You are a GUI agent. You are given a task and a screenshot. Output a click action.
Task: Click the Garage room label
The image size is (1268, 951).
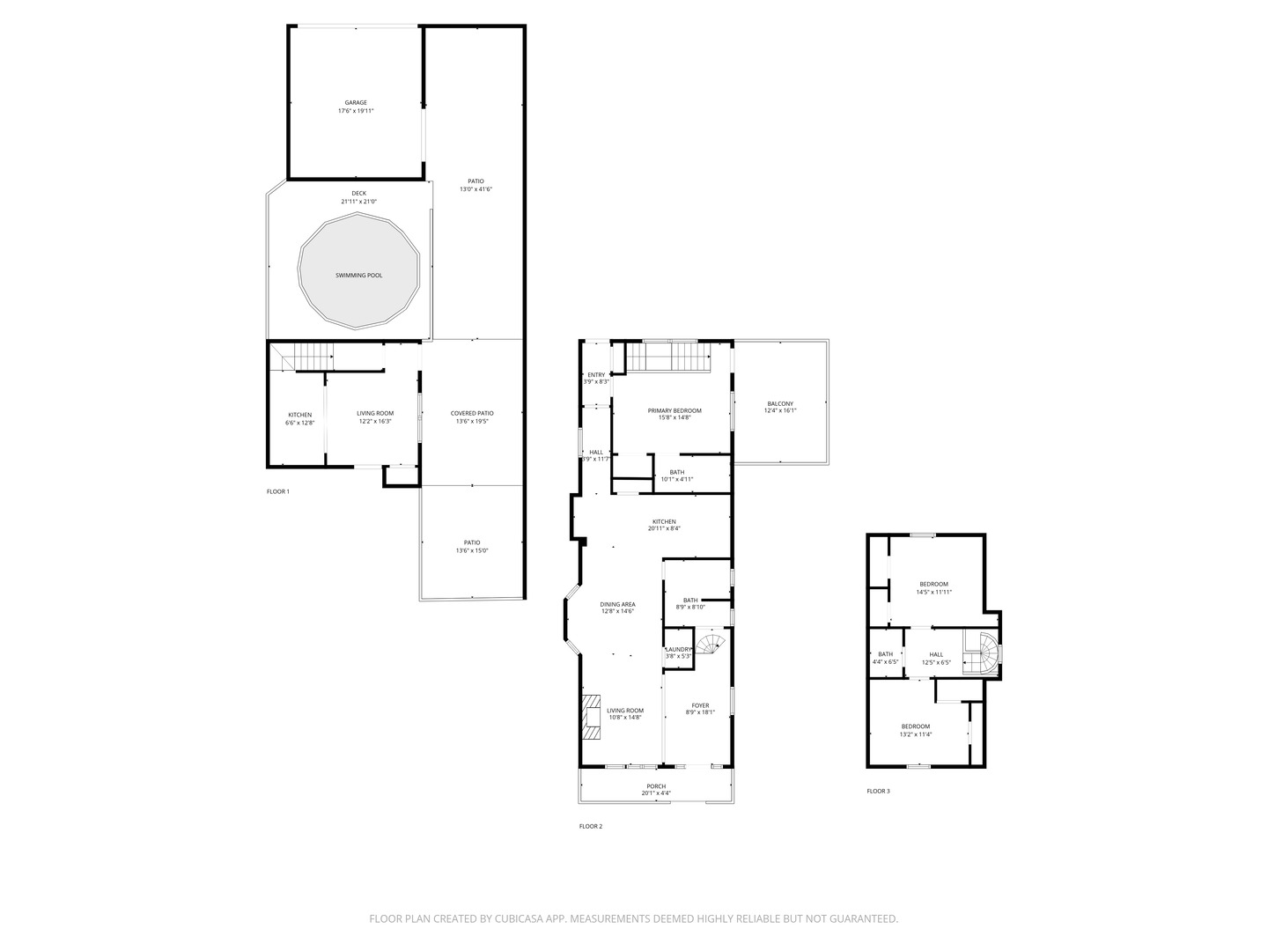[356, 107]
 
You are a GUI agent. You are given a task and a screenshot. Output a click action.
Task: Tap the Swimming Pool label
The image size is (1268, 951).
[358, 276]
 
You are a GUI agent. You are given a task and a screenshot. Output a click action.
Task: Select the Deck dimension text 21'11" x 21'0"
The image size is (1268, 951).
[358, 202]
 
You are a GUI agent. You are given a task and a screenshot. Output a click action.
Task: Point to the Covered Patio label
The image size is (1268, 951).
[472, 417]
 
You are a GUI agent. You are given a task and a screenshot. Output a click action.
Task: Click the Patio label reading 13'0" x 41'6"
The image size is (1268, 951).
[475, 185]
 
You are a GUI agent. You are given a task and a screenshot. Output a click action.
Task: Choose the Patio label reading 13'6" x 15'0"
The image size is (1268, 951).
[472, 547]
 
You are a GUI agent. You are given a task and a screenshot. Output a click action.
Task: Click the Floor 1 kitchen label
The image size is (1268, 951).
[299, 419]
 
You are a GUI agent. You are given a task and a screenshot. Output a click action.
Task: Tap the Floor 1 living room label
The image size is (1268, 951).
[375, 417]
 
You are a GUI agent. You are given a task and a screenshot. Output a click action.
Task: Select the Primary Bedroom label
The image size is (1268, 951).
[675, 414]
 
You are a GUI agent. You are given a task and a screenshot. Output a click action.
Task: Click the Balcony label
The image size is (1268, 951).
[779, 407]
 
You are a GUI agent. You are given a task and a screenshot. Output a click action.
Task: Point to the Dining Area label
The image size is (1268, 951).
[617, 608]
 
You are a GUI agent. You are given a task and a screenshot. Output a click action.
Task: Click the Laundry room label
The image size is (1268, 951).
[678, 652]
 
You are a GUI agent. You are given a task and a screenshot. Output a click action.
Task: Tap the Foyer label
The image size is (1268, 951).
[700, 709]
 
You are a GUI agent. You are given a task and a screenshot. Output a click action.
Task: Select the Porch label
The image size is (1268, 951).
[656, 790]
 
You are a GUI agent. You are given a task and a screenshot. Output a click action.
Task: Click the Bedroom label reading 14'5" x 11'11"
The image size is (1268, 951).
[933, 588]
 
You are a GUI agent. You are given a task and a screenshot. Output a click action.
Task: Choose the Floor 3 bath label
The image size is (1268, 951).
[885, 658]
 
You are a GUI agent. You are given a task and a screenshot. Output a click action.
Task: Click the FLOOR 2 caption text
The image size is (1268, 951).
[591, 826]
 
